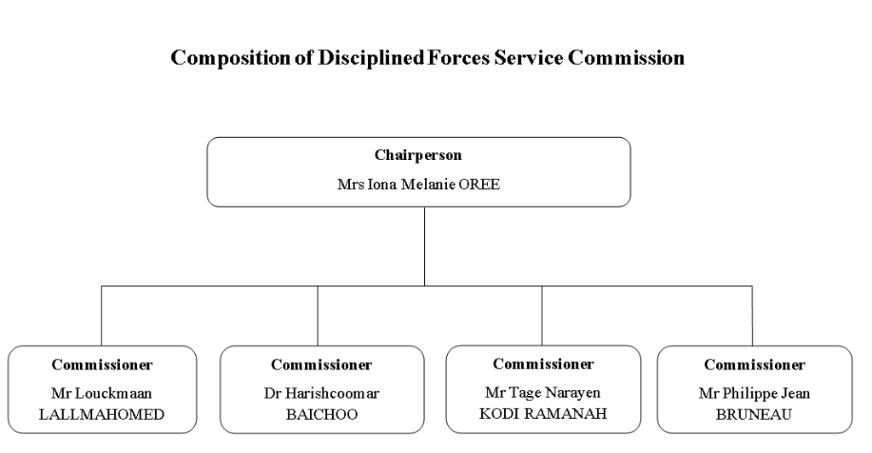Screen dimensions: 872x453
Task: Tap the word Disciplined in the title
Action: [371, 57]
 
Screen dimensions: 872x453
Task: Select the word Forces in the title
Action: [458, 57]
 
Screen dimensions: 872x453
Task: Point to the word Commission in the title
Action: [626, 57]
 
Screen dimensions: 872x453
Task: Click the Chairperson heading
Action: [418, 155]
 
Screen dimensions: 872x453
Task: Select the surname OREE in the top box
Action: [479, 184]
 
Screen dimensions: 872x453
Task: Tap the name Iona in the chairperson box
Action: [382, 184]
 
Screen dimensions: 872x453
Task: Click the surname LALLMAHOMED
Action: [102, 414]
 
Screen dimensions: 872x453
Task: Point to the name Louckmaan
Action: [113, 393]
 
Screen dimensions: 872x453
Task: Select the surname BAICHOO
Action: [322, 414]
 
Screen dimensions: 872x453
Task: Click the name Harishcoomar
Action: [332, 393]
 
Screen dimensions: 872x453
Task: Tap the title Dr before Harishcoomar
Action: [272, 393]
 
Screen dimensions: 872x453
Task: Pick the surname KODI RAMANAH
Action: [542, 414]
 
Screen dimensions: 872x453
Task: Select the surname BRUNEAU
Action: [754, 414]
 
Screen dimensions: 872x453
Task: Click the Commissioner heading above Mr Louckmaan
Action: [102, 364]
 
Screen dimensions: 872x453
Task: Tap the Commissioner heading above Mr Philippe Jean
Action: [754, 364]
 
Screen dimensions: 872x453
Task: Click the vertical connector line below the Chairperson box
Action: [424, 246]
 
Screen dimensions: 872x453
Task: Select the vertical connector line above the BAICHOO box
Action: [318, 316]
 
